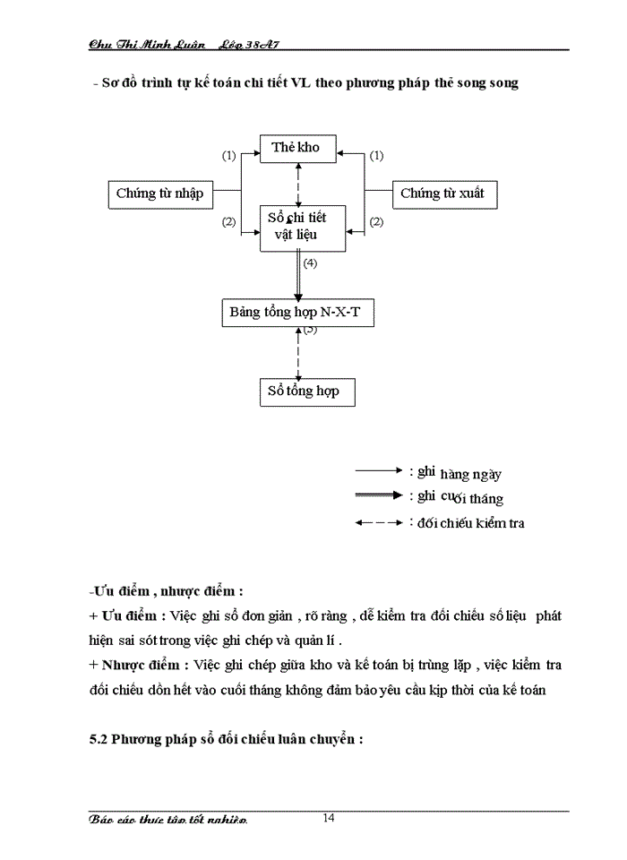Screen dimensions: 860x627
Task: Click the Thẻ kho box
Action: [x=296, y=148]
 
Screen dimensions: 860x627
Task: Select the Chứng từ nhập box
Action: [x=160, y=193]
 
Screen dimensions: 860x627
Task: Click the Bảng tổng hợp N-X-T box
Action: [x=298, y=314]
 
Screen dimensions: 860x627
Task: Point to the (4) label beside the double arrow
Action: [x=310, y=263]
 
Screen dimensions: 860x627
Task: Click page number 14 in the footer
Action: [x=329, y=817]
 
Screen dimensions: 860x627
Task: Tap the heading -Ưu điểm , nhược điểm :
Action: [x=167, y=591]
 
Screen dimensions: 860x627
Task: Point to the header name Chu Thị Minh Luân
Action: [x=148, y=43]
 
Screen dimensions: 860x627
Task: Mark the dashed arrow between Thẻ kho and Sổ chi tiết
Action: [x=298, y=184]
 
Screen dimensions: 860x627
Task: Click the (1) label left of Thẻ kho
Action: [x=228, y=155]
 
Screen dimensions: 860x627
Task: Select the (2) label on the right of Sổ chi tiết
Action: [x=377, y=221]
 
